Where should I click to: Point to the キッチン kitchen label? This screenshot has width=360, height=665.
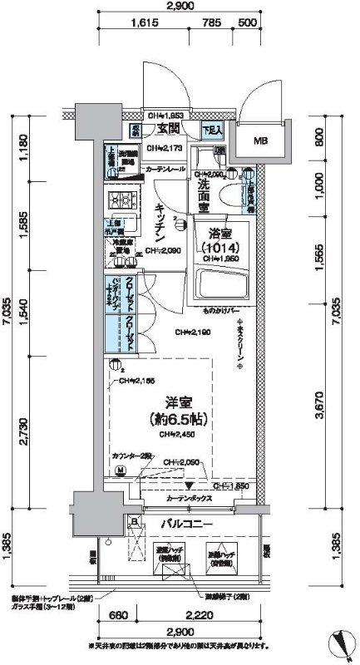point(160,223)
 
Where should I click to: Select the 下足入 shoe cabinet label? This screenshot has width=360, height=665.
point(214,131)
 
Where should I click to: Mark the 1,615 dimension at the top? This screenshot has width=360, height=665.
point(145,24)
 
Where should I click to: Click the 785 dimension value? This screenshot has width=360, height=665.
point(212,24)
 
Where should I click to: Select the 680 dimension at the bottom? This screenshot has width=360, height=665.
point(119,616)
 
